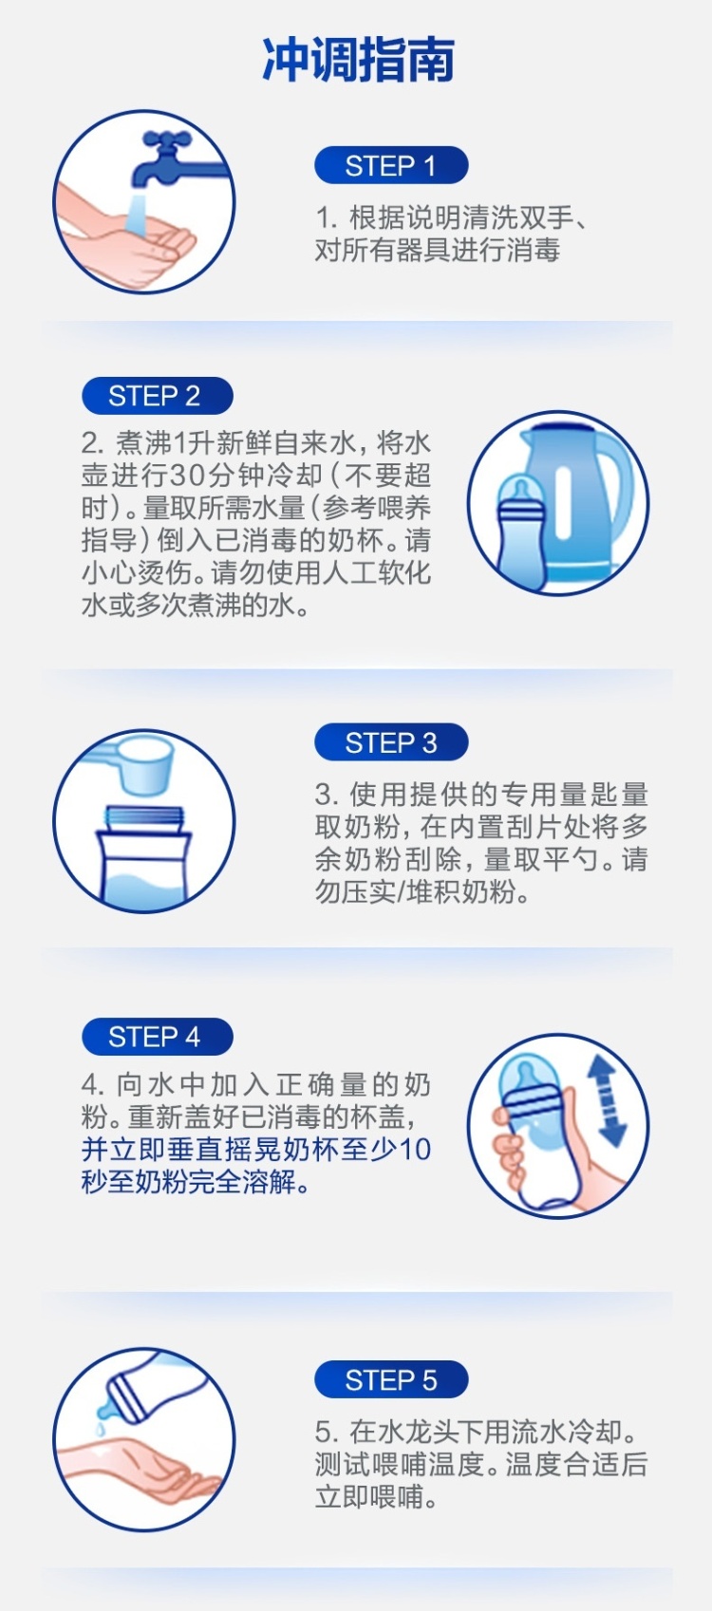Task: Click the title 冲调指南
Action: coord(358,59)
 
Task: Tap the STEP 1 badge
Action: coord(391,165)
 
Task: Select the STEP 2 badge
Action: coord(158,396)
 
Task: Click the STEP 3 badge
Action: coord(391,742)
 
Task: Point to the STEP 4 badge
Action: coord(158,1037)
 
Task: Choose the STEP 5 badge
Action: coord(391,1379)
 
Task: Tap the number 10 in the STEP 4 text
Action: coord(414,1150)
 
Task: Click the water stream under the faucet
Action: coord(138,212)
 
